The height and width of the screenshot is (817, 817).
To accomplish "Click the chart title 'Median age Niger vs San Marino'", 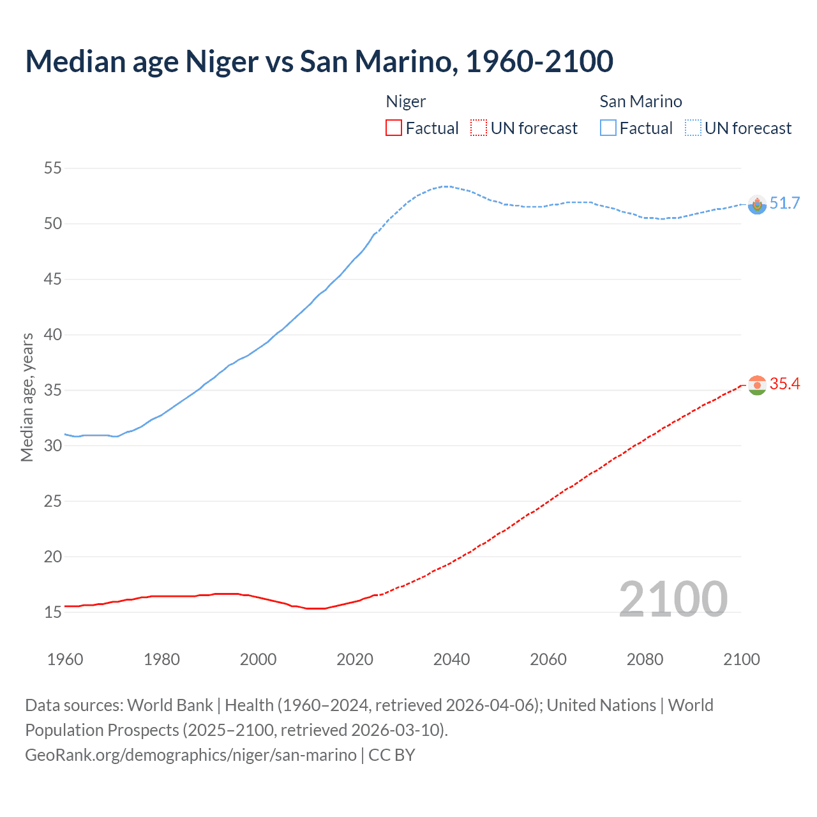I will point(319,61).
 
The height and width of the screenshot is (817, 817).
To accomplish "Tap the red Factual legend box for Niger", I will point(394,128).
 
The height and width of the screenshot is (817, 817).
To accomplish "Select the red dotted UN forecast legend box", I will point(479,128).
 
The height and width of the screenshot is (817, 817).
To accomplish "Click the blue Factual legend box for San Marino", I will point(608,128).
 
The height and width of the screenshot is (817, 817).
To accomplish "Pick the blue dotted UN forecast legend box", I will point(693,128).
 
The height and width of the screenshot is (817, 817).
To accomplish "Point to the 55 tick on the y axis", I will point(53,169).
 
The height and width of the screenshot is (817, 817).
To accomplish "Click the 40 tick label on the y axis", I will point(53,334).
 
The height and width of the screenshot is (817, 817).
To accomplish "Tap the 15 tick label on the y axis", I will point(53,612).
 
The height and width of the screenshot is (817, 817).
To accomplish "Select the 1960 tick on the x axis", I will point(65,659).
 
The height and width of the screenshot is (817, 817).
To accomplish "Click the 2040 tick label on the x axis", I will point(451,659).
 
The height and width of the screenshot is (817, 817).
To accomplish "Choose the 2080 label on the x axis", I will point(645,659).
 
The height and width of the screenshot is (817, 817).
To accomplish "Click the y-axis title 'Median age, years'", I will point(27,397).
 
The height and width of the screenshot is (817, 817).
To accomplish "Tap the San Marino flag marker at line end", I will point(757,204).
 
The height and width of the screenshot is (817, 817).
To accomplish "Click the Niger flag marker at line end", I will point(757,385).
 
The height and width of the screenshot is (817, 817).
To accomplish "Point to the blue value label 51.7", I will point(784,203).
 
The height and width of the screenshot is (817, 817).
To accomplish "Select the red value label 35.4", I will point(784,384).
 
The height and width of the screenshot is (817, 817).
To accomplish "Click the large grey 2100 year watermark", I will point(673,599).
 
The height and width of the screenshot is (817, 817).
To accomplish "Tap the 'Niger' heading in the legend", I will point(406,101).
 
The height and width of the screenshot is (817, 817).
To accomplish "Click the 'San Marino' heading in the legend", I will point(641,101).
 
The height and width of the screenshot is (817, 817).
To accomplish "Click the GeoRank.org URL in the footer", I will point(191,755).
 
